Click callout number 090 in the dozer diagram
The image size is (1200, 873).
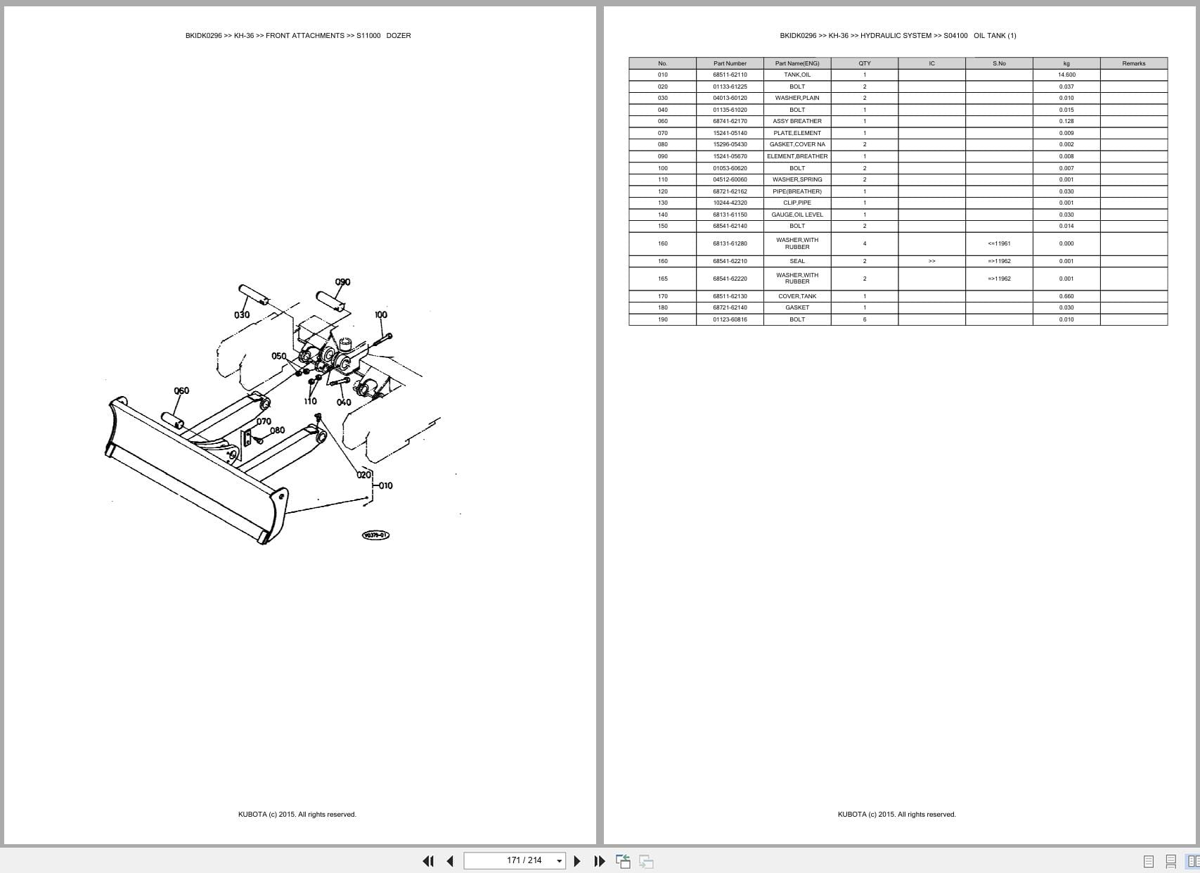(x=342, y=282)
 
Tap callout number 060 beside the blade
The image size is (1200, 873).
(x=181, y=390)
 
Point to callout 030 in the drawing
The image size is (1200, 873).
(x=242, y=314)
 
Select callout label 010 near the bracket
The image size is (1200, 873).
(x=385, y=485)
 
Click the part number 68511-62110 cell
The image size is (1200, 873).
(x=730, y=75)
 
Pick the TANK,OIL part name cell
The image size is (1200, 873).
(x=797, y=75)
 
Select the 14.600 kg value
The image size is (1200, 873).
(x=1066, y=75)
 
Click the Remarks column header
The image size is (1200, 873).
(x=1133, y=63)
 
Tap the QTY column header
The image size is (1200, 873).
(x=865, y=63)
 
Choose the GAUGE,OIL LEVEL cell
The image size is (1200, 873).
(x=797, y=215)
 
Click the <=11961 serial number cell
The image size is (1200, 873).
(x=999, y=243)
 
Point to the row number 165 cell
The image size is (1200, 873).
(x=662, y=279)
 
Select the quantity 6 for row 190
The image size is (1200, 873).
(x=865, y=319)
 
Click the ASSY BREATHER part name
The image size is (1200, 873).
(x=797, y=121)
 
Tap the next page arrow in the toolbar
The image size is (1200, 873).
(x=577, y=861)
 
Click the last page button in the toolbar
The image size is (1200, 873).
(x=599, y=861)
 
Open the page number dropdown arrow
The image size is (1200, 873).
(x=560, y=861)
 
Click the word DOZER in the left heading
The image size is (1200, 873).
(x=399, y=35)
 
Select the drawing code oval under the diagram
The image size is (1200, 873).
(x=375, y=535)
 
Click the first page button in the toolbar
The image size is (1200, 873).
(x=428, y=861)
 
